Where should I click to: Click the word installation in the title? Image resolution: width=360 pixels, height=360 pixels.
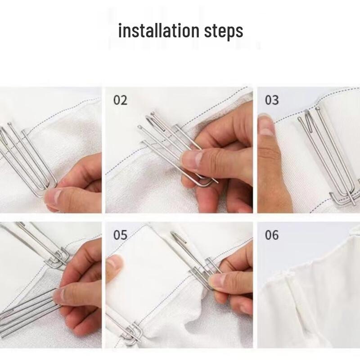click(x=159, y=31)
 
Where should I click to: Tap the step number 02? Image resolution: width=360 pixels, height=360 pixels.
click(x=120, y=100)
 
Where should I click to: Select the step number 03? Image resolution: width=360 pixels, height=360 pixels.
click(x=272, y=100)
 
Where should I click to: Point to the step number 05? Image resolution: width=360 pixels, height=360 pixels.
click(x=120, y=235)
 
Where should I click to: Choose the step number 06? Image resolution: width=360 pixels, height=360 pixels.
click(x=272, y=235)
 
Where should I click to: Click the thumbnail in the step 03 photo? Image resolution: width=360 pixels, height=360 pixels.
click(x=266, y=125)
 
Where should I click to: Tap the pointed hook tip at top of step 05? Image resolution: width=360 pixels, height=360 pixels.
click(x=173, y=234)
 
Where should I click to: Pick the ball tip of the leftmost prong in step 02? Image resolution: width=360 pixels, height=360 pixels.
click(x=139, y=127)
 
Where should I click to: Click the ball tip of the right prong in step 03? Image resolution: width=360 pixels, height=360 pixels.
click(x=318, y=108)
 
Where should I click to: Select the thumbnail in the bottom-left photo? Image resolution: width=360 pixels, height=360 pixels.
click(x=61, y=296)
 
